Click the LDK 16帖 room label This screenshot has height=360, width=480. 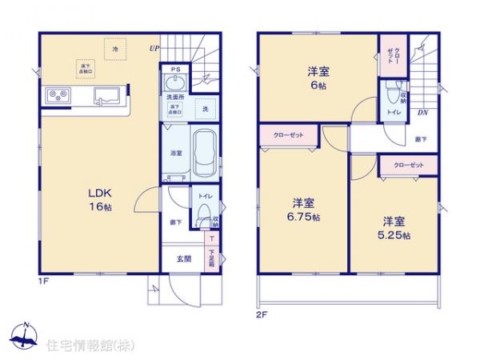pos(98,198)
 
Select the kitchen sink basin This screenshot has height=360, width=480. pos(106,96)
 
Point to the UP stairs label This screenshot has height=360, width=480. pos(152,48)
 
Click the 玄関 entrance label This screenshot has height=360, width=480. pos(182,259)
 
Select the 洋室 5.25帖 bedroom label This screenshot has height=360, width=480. pos(394,227)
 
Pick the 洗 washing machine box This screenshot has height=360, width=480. pos(205,109)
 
